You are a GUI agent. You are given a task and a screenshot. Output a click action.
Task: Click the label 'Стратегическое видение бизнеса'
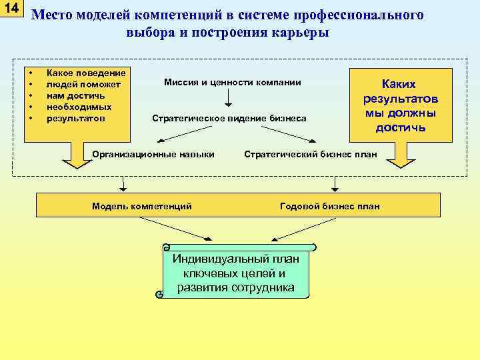(229, 119)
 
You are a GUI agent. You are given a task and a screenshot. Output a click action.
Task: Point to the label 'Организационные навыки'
(154, 154)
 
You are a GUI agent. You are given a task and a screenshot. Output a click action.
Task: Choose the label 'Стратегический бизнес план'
(311, 154)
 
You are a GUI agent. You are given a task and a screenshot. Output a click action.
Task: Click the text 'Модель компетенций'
(141, 206)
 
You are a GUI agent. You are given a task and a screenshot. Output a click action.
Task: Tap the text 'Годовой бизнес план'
(330, 206)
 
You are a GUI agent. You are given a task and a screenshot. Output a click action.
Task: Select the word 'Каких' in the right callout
(398, 84)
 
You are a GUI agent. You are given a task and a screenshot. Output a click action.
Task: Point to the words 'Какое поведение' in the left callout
(86, 72)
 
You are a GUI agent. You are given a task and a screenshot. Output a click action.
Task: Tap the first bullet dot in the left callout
(31, 72)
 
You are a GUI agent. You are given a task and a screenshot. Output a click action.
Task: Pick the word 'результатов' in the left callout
(75, 119)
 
